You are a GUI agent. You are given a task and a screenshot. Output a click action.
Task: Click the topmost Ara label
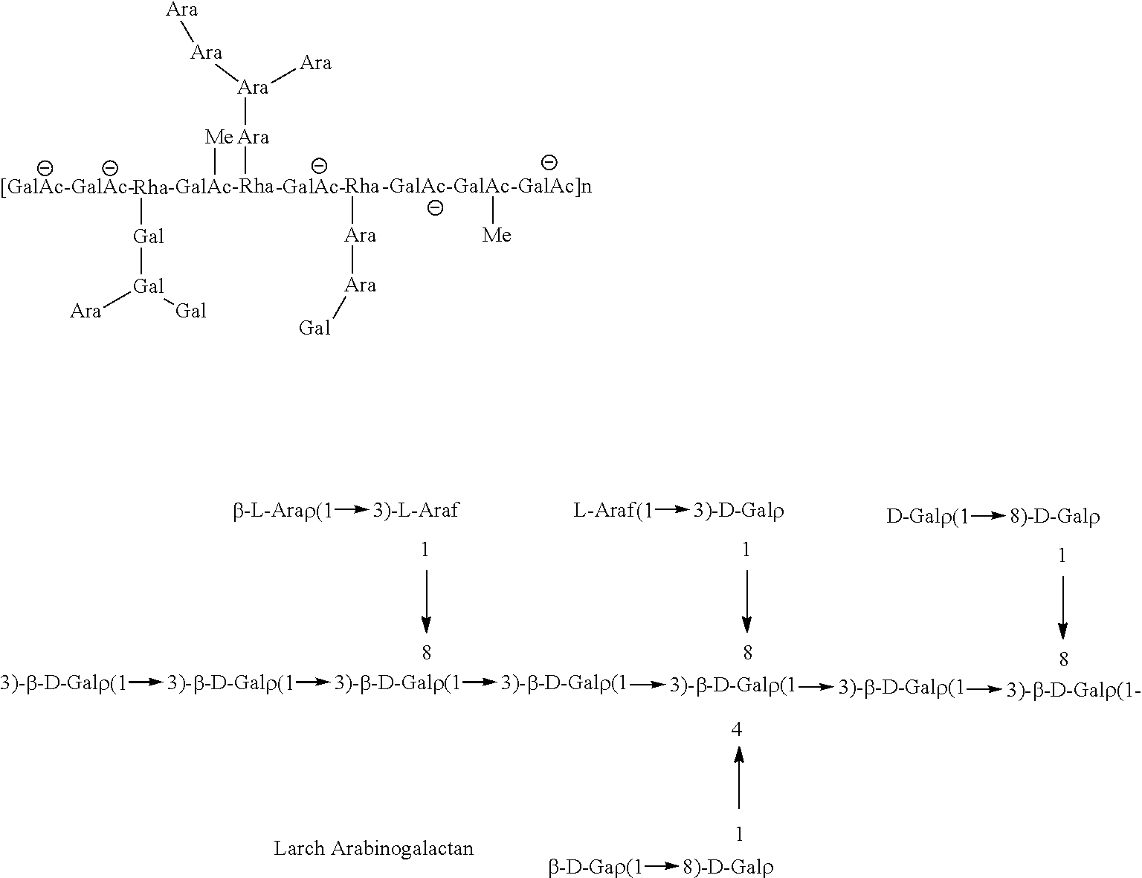coord(181,10)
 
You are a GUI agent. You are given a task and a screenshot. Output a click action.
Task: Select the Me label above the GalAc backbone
coord(219,137)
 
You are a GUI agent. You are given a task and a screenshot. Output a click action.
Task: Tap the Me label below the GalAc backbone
coord(497,236)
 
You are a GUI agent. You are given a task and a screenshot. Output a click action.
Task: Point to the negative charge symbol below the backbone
coord(436,208)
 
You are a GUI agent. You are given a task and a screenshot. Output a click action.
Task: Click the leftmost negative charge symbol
coord(45,167)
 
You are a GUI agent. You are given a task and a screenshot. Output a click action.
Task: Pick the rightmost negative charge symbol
coord(549,161)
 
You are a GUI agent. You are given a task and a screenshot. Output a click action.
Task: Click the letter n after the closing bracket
coord(586,186)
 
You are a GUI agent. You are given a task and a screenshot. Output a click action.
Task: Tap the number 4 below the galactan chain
coord(737,729)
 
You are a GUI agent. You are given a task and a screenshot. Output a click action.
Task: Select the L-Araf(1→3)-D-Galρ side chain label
coord(679,511)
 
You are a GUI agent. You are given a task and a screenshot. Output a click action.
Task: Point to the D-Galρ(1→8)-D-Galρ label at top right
coord(993,517)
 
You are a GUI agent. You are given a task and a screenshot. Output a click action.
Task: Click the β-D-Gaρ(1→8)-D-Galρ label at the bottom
coord(661,866)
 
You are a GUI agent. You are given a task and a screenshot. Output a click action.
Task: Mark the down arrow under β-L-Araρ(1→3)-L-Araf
coord(426,601)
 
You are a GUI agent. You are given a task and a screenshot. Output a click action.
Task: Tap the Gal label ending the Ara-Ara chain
coord(314,328)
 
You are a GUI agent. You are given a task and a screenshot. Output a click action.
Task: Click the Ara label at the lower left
coord(86,311)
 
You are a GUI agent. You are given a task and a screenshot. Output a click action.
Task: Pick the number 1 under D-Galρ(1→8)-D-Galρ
coord(1062,556)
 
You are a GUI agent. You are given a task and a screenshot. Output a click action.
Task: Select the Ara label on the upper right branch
coord(315,63)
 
